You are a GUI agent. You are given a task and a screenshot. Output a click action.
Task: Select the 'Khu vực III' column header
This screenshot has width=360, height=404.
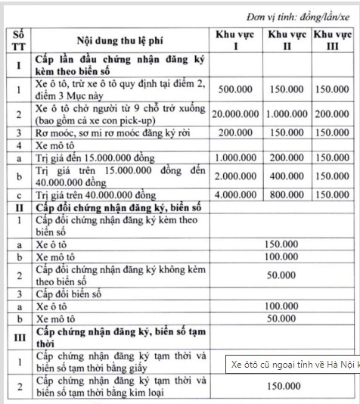(334, 41)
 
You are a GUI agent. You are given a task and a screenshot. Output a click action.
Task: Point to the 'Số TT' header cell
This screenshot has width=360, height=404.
(19, 41)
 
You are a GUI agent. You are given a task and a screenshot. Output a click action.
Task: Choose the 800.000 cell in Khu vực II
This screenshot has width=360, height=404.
(287, 194)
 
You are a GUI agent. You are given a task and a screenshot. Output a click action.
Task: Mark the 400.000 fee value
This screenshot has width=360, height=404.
(287, 175)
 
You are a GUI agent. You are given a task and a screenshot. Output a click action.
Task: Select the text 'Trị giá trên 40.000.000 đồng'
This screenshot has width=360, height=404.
(95, 194)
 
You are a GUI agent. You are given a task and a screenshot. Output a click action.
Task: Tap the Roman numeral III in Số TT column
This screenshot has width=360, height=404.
(19, 338)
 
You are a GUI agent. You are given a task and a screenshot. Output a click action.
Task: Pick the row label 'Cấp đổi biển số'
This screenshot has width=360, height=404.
(74, 293)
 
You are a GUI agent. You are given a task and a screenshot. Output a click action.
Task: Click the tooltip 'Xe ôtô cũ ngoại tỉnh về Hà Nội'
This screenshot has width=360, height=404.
(293, 365)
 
